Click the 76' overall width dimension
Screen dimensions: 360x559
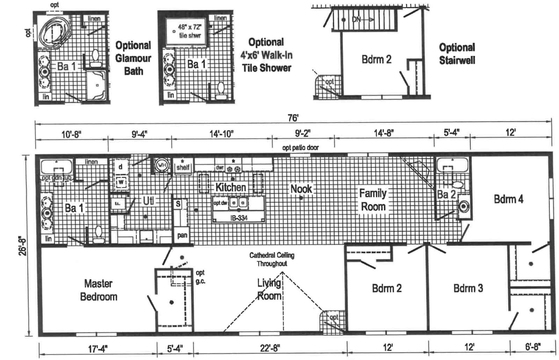pos(293,118)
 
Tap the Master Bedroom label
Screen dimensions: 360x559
pos(99,290)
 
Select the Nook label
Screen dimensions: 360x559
pos(301,189)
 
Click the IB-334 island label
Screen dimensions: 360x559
pos(239,218)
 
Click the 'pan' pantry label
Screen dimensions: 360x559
pos(182,235)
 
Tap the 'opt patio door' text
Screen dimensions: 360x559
pos(300,147)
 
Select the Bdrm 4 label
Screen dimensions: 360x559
pos(508,199)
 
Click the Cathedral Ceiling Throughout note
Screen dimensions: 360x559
pos(272,259)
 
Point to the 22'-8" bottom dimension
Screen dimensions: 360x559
pos(269,348)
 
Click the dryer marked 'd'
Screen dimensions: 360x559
pos(121,167)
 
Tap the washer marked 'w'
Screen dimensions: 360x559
pos(121,182)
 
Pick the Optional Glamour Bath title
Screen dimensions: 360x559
pos(133,58)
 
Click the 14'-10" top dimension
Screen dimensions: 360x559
pos(222,134)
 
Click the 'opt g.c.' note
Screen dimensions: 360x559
pos(200,277)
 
